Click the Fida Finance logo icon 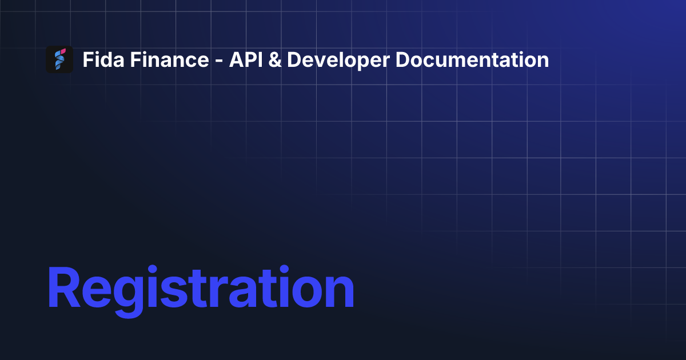pos(59,59)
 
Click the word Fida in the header pos(99,59)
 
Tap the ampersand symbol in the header pos(273,59)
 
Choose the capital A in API pos(235,59)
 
